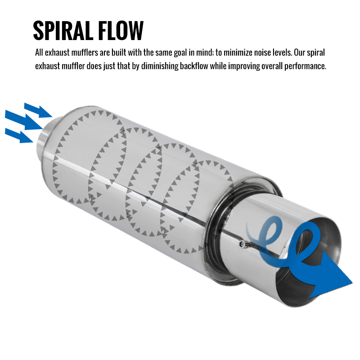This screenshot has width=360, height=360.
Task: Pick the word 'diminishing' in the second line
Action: point(160,66)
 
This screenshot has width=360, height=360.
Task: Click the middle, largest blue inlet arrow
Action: point(24,120)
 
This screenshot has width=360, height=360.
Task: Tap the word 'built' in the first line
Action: point(119,53)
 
